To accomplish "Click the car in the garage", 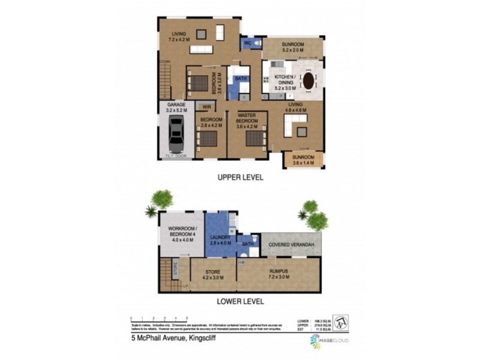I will coord(176,134).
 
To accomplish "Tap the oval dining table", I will coord(308,81).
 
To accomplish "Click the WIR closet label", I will coord(206,107).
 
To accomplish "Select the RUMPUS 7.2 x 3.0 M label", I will coord(279,274).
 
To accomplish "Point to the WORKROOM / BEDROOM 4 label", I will coord(180,232).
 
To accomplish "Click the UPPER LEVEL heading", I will coord(240,178).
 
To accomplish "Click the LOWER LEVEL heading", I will coord(240,302).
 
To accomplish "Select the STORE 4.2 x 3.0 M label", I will coord(214,274).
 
